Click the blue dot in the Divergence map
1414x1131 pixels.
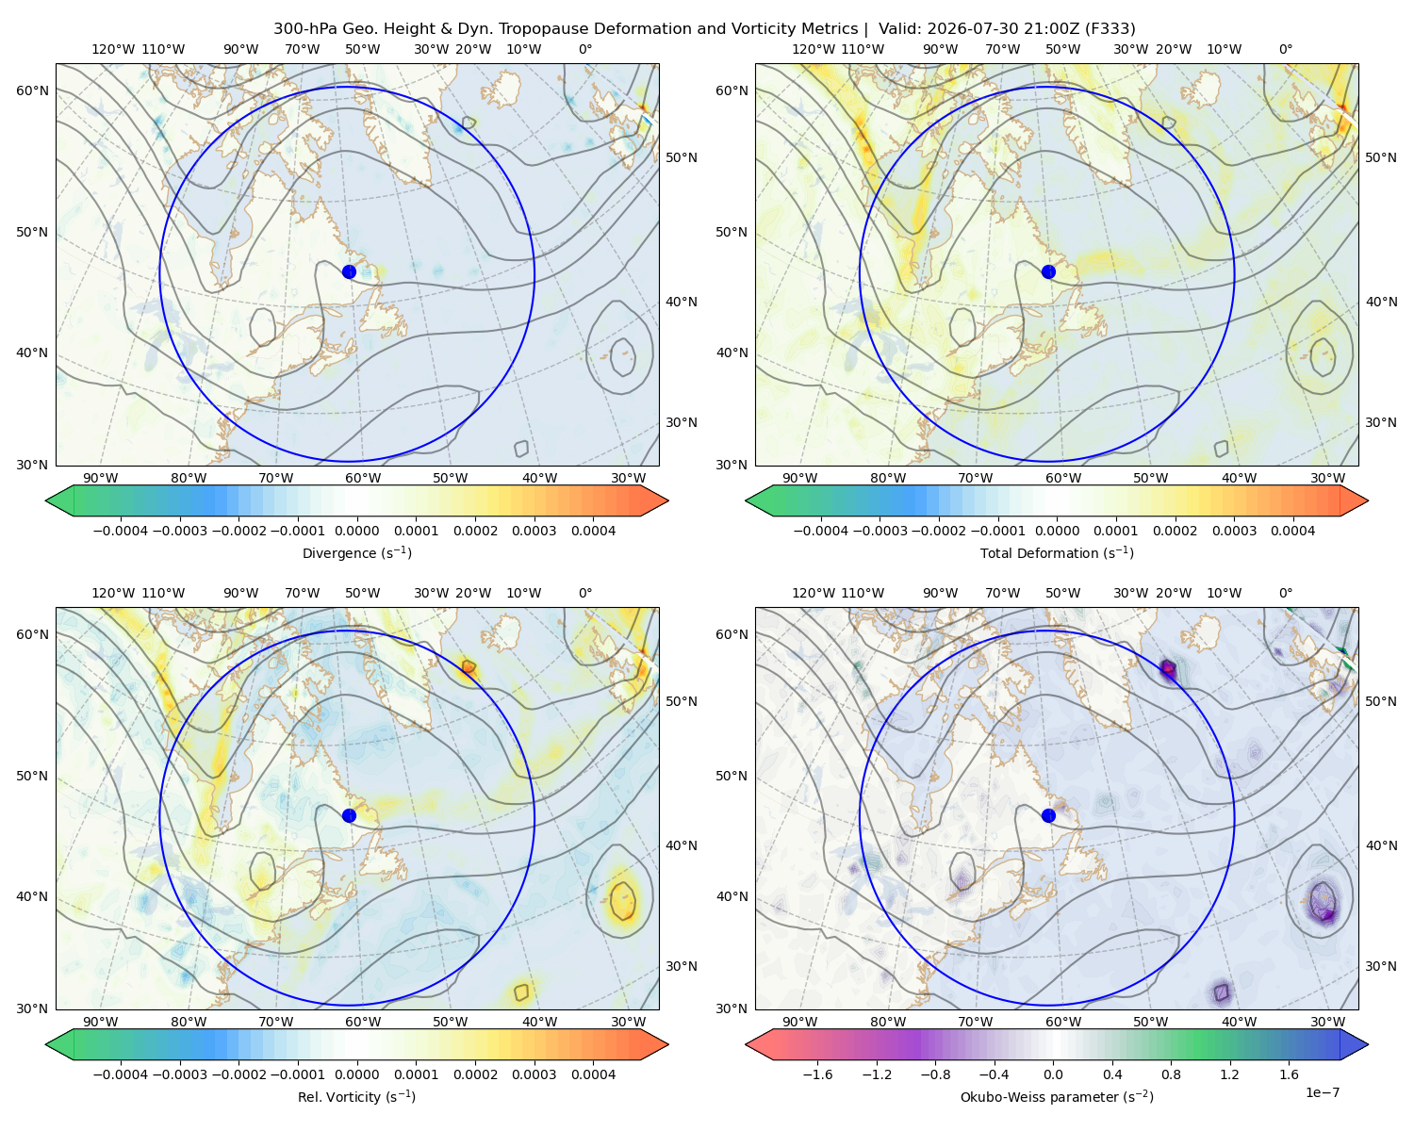(349, 271)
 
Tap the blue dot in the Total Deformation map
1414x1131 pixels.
(1048, 271)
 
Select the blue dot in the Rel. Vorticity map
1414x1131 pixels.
(349, 815)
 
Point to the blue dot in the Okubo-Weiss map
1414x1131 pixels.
(1048, 815)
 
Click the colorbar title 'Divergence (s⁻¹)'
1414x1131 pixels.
(356, 552)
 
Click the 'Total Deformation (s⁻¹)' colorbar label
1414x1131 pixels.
(1057, 552)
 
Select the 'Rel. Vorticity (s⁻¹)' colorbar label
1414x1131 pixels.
(356, 1096)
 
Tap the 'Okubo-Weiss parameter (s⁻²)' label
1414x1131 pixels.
(1057, 1096)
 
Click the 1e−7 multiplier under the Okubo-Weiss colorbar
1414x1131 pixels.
(1322, 1092)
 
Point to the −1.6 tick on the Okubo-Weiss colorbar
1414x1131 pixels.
(817, 1074)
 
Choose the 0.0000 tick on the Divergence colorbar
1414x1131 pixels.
(356, 531)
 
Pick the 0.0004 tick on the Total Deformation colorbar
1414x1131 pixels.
(1293, 531)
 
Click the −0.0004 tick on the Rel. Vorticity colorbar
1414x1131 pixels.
(121, 1074)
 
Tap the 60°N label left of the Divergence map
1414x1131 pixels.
(32, 90)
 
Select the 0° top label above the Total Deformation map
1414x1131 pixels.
(1285, 49)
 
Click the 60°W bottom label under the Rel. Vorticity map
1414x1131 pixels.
(363, 1022)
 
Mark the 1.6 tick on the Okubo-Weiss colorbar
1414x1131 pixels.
(1289, 1074)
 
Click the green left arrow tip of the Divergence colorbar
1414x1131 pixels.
(47, 500)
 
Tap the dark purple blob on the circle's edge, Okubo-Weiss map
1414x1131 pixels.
(1168, 670)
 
